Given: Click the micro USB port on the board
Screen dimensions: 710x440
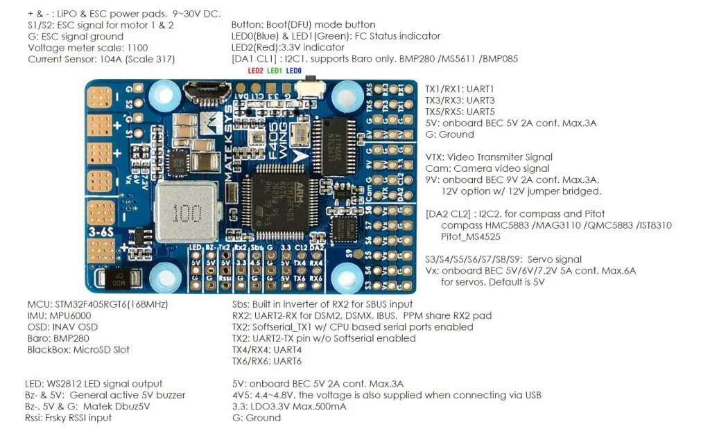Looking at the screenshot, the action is click(200, 90).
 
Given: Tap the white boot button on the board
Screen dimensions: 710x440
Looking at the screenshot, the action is click(306, 88).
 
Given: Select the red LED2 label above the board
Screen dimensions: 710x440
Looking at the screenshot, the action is click(256, 71).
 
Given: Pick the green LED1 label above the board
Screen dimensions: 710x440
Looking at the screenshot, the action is click(275, 71).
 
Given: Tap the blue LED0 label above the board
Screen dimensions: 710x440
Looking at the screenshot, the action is click(293, 71).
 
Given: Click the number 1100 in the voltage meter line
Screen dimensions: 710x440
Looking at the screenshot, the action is click(137, 48).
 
